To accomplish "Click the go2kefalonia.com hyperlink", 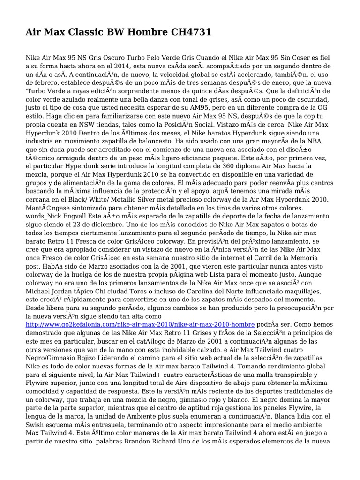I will [x=140, y=324].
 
